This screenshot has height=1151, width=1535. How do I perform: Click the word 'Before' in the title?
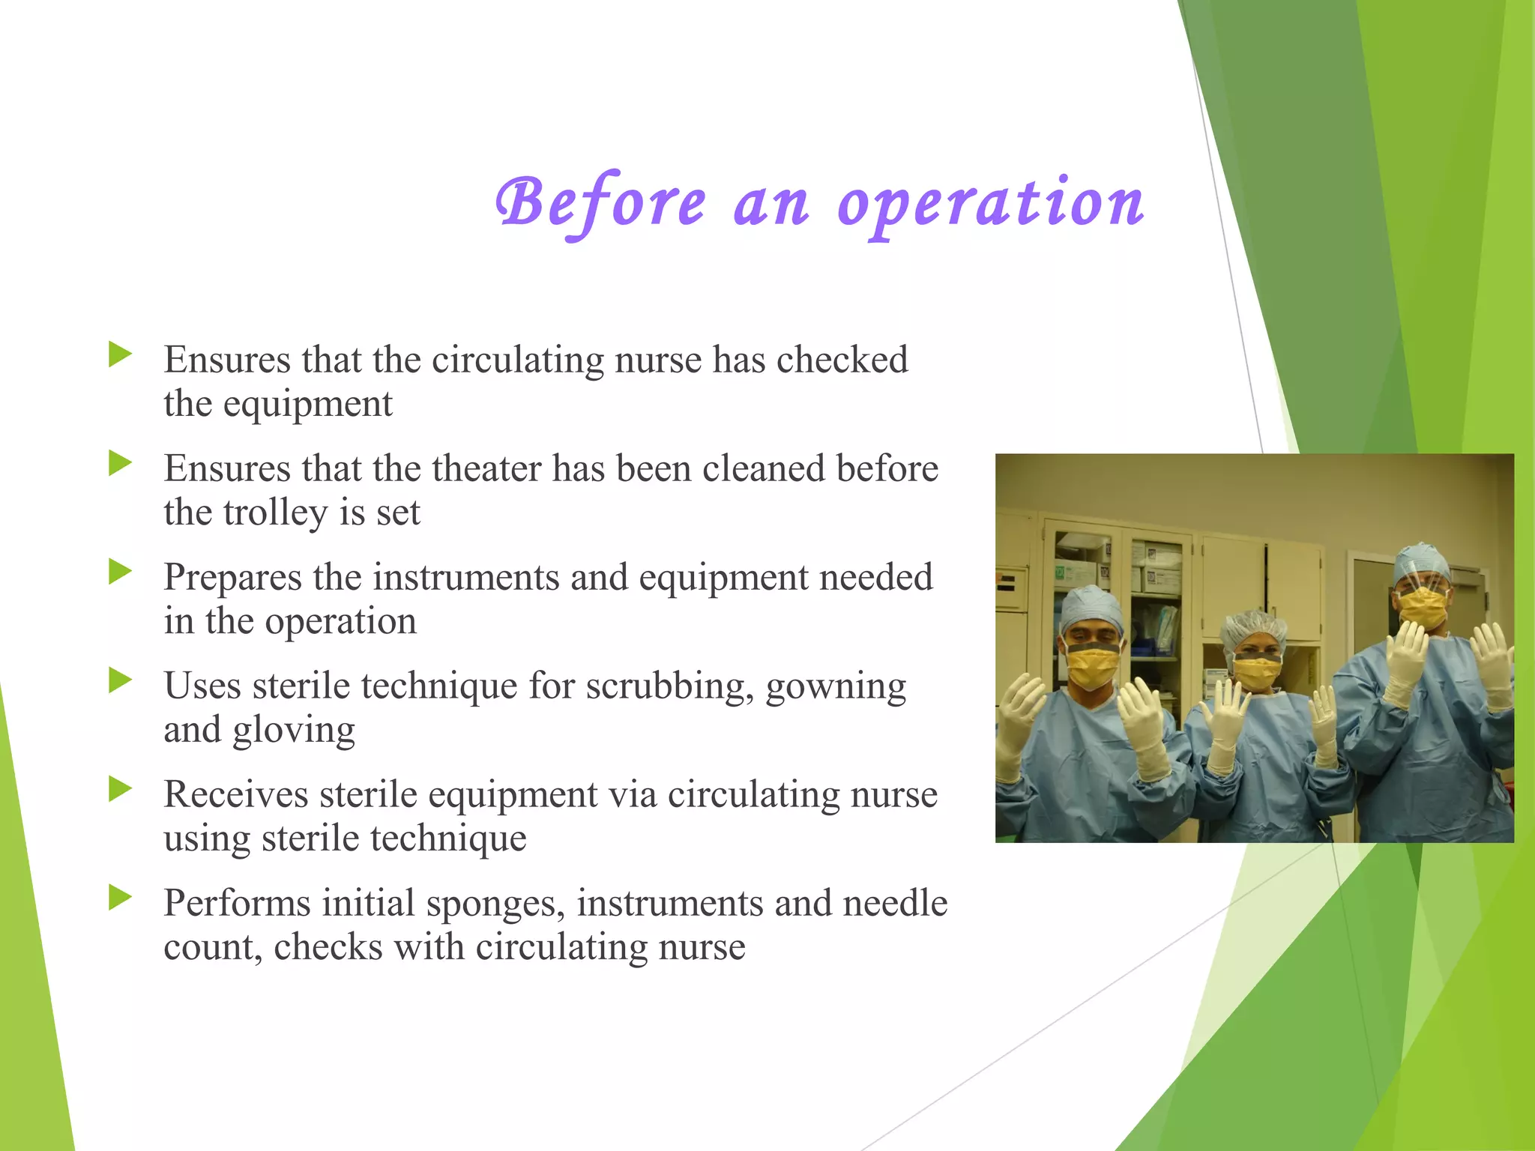(600, 204)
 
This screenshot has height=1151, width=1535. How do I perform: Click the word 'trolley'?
(277, 513)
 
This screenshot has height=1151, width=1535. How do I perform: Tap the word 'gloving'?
(294, 731)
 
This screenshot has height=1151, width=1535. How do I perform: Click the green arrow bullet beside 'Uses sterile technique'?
(120, 681)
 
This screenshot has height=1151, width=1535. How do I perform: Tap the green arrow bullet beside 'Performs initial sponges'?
(120, 898)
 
